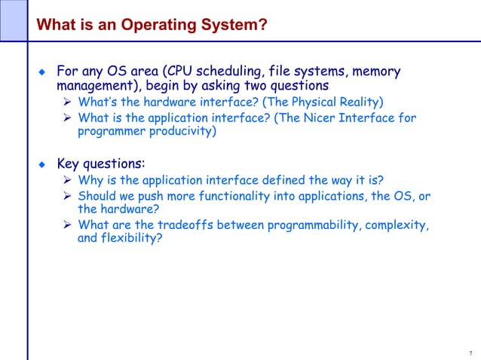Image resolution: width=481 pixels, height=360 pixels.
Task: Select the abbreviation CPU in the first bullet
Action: (188, 72)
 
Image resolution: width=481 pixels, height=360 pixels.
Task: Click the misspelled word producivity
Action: (173, 132)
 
